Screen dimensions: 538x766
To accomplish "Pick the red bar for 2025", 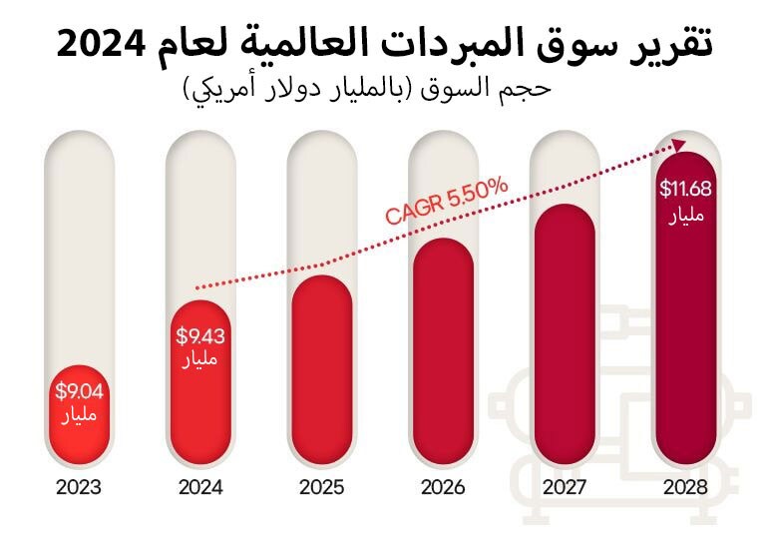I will (321, 369).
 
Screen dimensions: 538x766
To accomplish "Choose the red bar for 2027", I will (564, 334).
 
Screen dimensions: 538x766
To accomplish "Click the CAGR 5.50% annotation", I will (447, 201).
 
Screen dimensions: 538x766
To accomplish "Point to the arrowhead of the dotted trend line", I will (680, 146).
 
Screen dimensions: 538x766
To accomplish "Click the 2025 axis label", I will (321, 488).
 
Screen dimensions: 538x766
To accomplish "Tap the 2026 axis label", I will (442, 488).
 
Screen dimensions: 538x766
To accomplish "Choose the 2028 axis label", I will (684, 488).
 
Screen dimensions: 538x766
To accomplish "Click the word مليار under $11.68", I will (684, 215).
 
